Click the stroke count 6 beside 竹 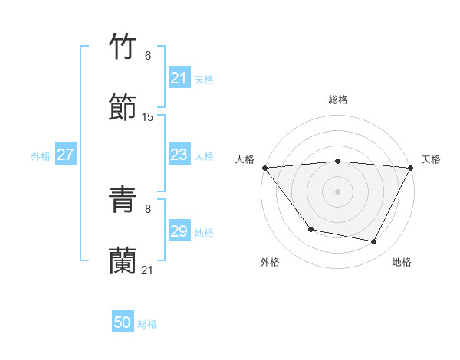[x=147, y=55]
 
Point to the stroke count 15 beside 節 [x=148, y=116]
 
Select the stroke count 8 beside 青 [x=147, y=208]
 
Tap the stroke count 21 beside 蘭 [x=148, y=270]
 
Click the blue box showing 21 [x=179, y=78]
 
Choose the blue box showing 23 [x=179, y=155]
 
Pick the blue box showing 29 [x=179, y=231]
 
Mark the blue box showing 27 [x=65, y=155]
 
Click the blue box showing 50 [x=123, y=323]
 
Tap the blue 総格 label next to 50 [x=147, y=324]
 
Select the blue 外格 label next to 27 [x=41, y=155]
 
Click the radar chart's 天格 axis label [x=432, y=159]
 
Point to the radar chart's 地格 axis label [x=402, y=262]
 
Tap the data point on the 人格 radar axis [x=264, y=167]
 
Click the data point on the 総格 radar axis [x=337, y=161]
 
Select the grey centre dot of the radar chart [x=337, y=191]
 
